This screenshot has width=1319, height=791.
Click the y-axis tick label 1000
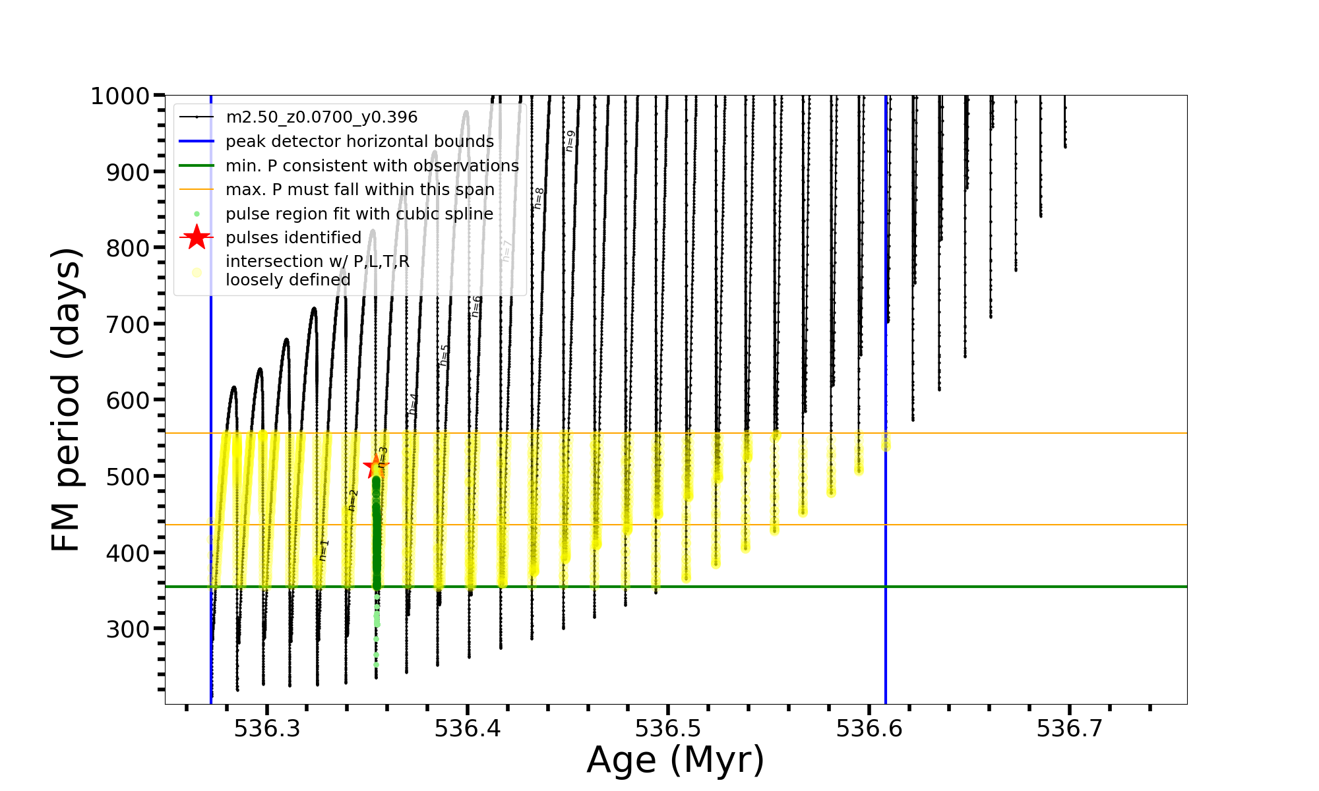[x=119, y=96]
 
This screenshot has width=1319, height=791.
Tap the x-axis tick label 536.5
[x=668, y=728]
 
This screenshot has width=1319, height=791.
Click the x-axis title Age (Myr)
[x=675, y=760]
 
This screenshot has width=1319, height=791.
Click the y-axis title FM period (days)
[x=67, y=399]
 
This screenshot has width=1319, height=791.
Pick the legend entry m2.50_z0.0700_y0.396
[x=321, y=117]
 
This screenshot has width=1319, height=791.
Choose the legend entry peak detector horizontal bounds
[x=359, y=142]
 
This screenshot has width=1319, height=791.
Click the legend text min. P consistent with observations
[x=372, y=165]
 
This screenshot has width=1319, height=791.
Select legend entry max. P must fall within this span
[x=359, y=190]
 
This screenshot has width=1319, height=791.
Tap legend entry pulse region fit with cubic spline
[x=359, y=214]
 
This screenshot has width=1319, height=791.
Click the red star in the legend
[x=197, y=237]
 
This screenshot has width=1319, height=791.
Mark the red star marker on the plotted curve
[x=376, y=466]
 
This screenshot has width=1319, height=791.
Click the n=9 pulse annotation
[x=570, y=141]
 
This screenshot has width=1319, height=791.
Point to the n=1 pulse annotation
[x=323, y=550]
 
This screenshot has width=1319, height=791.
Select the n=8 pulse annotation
[x=539, y=198]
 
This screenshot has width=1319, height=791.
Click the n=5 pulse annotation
[x=444, y=355]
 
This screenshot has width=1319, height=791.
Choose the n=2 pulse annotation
[x=353, y=500]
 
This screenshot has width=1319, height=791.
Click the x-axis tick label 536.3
[x=267, y=728]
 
